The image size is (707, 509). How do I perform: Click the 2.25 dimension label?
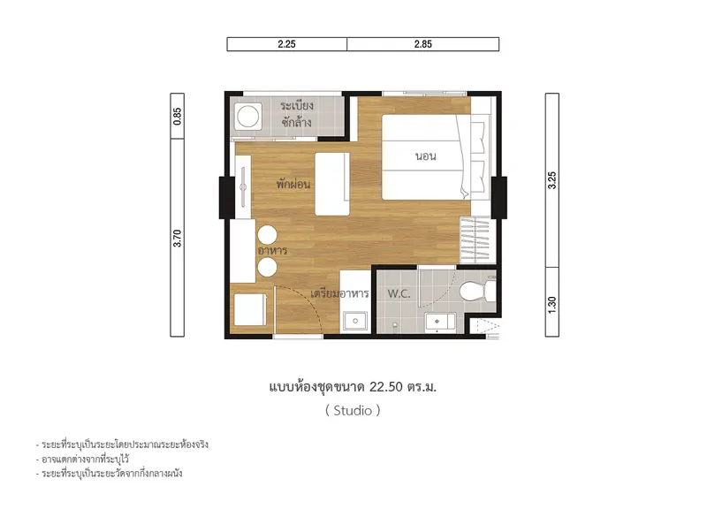[x=286, y=44]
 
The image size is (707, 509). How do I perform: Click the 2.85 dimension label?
[x=423, y=44]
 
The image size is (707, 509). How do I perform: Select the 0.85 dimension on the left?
[x=178, y=117]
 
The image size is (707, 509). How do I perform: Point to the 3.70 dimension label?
[x=178, y=238]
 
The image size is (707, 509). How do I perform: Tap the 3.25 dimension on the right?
[x=552, y=180]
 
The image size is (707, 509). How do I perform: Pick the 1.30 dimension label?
[x=552, y=305]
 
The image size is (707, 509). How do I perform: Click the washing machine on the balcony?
[x=247, y=117]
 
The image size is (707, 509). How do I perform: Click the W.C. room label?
[x=399, y=294]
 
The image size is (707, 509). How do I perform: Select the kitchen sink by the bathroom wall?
[x=355, y=321]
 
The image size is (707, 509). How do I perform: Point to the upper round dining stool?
[x=268, y=235]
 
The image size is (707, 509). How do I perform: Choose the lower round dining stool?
[x=268, y=268]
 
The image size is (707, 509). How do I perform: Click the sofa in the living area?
[x=332, y=184]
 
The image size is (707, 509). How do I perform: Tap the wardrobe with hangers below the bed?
[x=475, y=239]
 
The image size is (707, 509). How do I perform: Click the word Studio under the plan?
[x=353, y=410]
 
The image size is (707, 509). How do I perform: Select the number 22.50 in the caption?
[x=386, y=387]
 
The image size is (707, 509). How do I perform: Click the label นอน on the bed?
[x=426, y=156]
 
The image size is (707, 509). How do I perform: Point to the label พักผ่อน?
[x=293, y=184]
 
